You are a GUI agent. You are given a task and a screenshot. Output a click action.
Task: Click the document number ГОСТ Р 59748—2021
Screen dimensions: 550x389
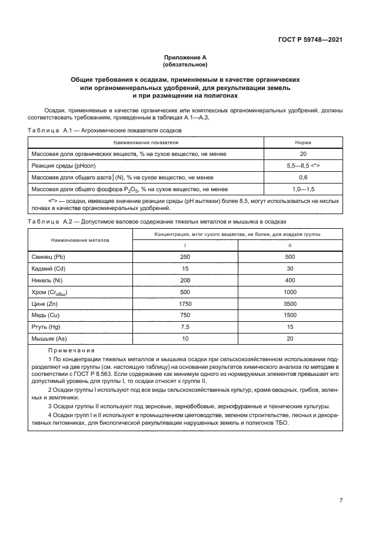point(310,41)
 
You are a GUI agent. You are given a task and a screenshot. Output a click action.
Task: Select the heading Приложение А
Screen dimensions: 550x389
point(185,58)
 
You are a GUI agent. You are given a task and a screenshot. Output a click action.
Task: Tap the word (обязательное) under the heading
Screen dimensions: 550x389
point(185,65)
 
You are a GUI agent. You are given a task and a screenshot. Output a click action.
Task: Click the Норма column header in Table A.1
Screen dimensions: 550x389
point(303,142)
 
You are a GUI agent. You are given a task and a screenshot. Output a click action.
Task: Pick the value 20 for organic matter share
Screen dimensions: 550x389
point(303,154)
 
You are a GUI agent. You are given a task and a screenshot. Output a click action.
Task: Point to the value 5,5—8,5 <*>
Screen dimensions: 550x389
point(303,166)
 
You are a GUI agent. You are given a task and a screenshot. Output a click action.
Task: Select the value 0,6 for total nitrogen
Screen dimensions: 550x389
point(303,177)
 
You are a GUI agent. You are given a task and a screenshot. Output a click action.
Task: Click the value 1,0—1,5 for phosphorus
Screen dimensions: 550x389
point(303,189)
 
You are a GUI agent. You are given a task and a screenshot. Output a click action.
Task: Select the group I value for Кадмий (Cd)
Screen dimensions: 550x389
point(185,269)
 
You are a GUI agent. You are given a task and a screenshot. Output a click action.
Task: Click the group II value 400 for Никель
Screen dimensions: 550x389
point(290,281)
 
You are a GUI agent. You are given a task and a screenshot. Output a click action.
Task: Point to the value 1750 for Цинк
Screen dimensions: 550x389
point(185,304)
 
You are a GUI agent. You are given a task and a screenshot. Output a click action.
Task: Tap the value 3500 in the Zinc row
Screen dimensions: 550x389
point(290,304)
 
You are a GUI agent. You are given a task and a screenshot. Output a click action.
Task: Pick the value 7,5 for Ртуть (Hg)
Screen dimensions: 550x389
point(185,326)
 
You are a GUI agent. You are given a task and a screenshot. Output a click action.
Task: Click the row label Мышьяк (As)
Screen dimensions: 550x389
point(51,338)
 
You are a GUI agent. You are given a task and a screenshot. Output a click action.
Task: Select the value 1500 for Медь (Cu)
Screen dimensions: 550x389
point(290,315)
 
